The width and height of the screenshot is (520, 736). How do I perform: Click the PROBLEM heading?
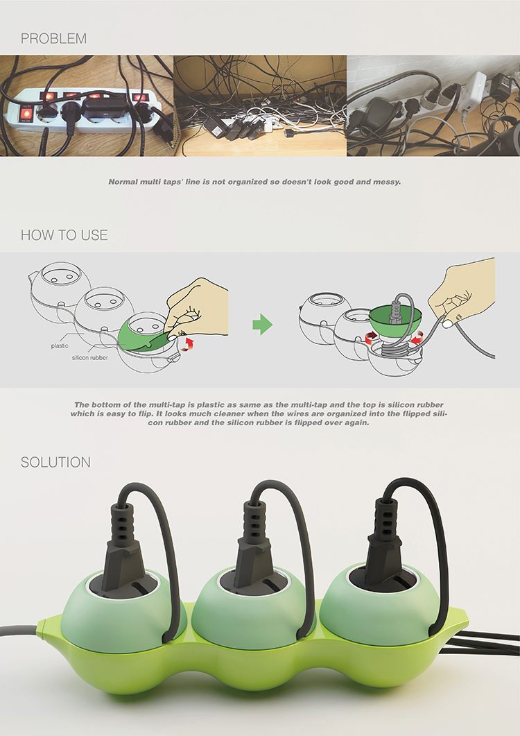coord(53,38)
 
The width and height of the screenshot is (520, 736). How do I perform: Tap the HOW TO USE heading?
coord(64,235)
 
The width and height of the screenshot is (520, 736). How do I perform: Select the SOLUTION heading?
coord(55,463)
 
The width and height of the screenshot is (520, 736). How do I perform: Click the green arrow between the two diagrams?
coord(262,325)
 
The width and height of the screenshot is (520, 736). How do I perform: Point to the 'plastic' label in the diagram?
coord(60,346)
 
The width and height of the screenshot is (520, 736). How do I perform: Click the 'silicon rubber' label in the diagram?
coord(89,358)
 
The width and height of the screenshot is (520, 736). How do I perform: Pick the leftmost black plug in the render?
coord(123,549)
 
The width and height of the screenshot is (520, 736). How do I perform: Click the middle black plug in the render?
coord(254,547)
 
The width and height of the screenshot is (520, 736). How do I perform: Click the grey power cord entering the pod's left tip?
coord(19,630)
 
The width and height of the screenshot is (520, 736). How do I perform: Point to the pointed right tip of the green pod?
coord(469,617)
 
